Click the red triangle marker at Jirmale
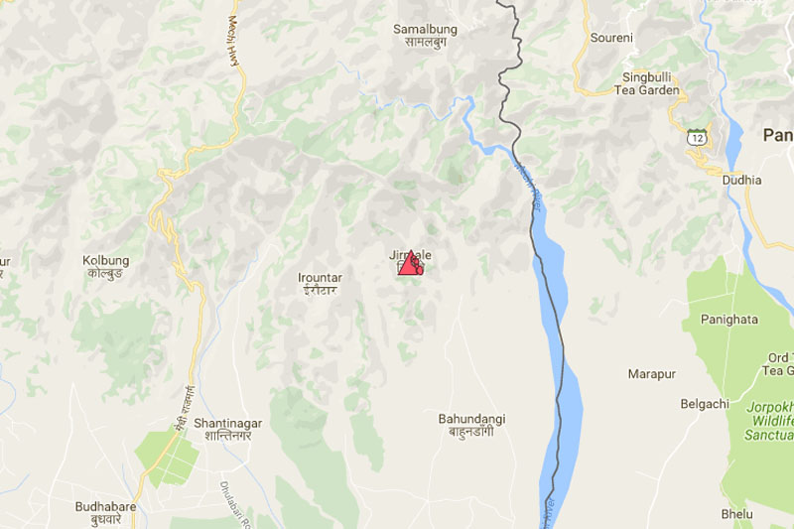[x=410, y=264]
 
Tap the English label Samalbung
[x=425, y=29]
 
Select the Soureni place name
[x=611, y=38]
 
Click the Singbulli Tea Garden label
[x=650, y=83]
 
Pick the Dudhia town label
[x=742, y=180]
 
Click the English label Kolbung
[x=105, y=260]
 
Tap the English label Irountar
[x=319, y=278]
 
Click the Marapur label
[x=651, y=374]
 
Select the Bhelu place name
[x=737, y=514]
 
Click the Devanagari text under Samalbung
[x=425, y=43]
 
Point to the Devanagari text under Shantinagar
[x=222, y=436]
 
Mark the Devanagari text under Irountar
[x=319, y=291]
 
